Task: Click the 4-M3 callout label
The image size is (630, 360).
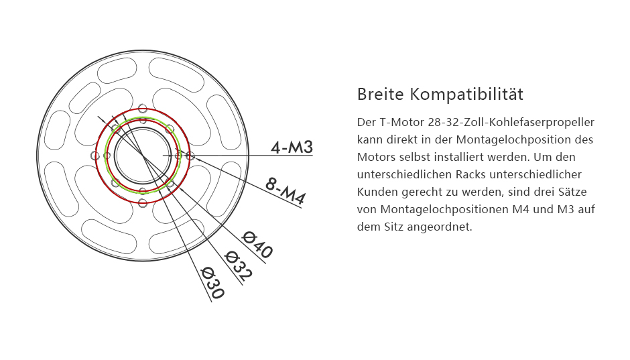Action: coord(292,147)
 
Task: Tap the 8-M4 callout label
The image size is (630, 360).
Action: coord(286,191)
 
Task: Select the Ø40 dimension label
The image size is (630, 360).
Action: coord(258,245)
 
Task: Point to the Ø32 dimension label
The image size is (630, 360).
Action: coord(239,265)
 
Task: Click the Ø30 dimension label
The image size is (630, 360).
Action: coord(212,282)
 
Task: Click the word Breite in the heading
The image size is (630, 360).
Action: coord(380,95)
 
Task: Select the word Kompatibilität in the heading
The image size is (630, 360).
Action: coord(466,95)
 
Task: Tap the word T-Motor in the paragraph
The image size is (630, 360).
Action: coord(401,122)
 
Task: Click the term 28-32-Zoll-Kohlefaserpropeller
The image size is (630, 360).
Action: coord(511,123)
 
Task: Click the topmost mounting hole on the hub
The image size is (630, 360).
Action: coord(143,108)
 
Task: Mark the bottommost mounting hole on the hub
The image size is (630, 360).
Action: coord(143,203)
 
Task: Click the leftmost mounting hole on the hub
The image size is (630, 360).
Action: coord(95,156)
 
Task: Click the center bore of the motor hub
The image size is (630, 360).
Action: coord(143,156)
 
